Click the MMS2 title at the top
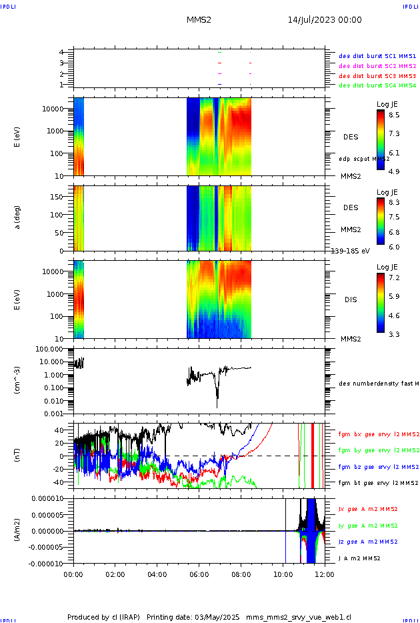click(x=199, y=20)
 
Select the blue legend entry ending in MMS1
click(x=377, y=57)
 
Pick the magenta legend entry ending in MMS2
click(x=377, y=66)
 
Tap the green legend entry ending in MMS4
click(x=377, y=85)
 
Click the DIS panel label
click(x=351, y=299)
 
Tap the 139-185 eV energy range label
click(x=351, y=251)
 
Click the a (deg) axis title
click(x=19, y=217)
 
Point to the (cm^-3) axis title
click(x=19, y=380)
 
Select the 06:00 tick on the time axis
click(x=199, y=573)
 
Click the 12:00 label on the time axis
click(x=325, y=573)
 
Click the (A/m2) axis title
click(x=19, y=531)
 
